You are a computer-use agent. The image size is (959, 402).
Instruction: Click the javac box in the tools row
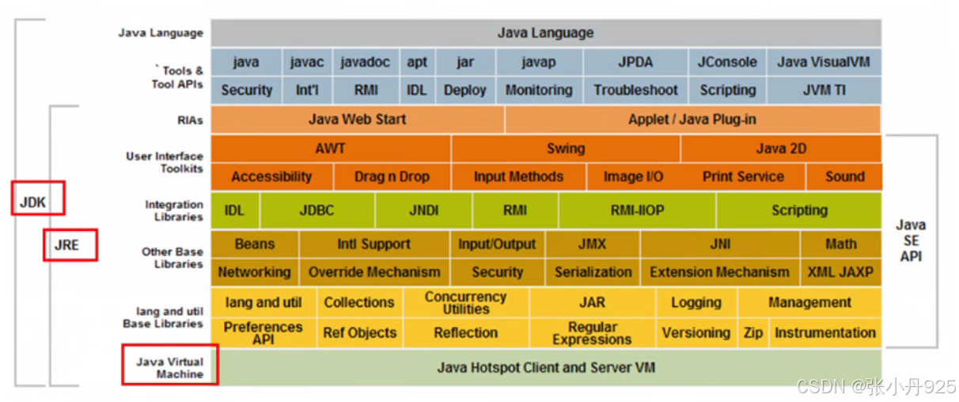307,62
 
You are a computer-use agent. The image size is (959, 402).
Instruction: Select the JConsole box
727,62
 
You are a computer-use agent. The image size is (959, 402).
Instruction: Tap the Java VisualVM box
823,62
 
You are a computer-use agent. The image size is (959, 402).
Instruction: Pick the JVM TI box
823,90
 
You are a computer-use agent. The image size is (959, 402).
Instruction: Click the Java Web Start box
357,119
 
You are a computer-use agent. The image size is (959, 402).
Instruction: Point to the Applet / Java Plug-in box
692,119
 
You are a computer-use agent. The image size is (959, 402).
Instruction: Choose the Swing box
566,148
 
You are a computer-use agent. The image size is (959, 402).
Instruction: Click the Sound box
844,176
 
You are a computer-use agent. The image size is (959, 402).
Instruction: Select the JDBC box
317,210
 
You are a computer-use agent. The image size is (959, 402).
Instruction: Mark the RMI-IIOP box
637,210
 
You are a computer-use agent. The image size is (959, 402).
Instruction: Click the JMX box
593,244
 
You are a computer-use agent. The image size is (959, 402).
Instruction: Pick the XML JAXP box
840,272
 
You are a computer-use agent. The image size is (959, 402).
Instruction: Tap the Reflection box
465,333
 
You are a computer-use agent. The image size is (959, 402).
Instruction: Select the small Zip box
753,333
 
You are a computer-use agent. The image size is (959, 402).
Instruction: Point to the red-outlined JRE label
70,245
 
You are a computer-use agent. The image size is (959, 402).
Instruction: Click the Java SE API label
911,241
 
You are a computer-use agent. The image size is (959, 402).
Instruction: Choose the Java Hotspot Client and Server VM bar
546,368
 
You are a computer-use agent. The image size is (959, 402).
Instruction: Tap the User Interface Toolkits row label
164,162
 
